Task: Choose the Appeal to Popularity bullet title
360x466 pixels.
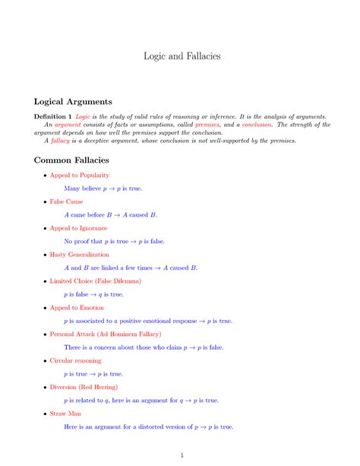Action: coord(80,176)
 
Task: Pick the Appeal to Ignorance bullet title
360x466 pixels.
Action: coord(78,228)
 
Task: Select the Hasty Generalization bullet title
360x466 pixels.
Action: coord(80,255)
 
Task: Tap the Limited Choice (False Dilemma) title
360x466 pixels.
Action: coord(96,281)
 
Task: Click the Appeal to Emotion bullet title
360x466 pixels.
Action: coord(77,307)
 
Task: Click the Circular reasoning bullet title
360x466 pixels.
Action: coord(75,360)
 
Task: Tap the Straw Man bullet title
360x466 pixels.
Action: coord(65,413)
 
